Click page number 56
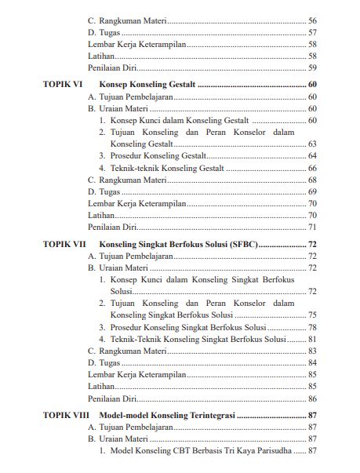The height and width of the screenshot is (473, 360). (x=312, y=20)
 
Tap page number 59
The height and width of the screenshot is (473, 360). (x=312, y=68)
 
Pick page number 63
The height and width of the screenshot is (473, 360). (x=312, y=144)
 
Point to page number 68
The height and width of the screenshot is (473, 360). (x=312, y=180)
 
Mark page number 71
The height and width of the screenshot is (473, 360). (x=312, y=227)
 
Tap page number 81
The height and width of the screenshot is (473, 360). (x=312, y=339)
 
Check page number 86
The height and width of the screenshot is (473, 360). (x=312, y=398)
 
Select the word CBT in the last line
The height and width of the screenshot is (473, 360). (x=184, y=451)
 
